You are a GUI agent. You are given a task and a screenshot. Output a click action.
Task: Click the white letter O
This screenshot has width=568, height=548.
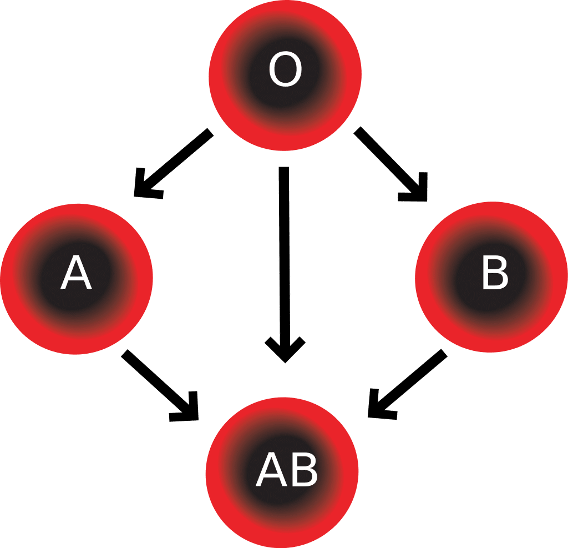point(286,69)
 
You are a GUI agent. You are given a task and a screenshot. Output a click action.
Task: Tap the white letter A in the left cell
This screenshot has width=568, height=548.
point(76,272)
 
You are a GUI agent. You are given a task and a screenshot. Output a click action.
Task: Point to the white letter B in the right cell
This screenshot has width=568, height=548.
point(495,273)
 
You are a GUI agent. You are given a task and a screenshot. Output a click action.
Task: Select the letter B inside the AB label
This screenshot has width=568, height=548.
point(305,469)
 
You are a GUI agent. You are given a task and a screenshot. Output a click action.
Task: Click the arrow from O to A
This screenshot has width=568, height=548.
point(174,164)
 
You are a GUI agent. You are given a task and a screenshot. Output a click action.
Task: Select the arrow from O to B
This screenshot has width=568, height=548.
point(391,164)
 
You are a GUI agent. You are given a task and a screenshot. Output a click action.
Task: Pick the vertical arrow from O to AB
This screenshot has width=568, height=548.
point(285,265)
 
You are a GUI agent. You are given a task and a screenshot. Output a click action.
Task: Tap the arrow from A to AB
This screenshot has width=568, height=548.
point(160,385)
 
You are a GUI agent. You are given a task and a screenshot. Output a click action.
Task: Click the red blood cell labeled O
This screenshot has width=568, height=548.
point(285,75)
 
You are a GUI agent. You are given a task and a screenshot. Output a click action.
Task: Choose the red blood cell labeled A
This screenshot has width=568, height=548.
point(77,279)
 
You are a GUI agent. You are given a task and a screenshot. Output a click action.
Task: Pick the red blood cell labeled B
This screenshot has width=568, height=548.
point(491,277)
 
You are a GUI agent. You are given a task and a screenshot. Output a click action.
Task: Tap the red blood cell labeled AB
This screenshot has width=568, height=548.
point(282,472)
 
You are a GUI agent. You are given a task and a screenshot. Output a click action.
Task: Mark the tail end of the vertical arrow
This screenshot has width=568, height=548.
point(283,167)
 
